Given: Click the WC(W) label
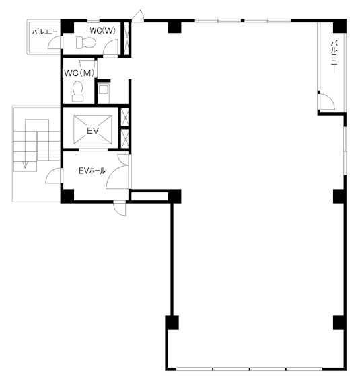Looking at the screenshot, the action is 103,30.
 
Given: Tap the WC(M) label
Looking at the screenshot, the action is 79,73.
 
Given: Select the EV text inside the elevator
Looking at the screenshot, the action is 93,131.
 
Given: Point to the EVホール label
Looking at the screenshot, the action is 92,171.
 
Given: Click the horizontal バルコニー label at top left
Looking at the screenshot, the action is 45,32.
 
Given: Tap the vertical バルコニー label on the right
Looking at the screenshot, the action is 334,56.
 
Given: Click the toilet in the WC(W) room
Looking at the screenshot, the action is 86,42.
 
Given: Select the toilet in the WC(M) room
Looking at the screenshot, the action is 77,91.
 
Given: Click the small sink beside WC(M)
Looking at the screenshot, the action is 104,90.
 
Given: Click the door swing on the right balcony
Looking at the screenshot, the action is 327,101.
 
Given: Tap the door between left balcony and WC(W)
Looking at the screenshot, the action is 55,42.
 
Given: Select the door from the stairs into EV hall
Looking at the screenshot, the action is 53,176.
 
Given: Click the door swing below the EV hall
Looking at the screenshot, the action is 120,208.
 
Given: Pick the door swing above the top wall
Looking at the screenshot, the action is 138,15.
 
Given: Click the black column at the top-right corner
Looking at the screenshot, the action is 340,26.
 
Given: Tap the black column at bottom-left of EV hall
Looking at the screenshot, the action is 67,196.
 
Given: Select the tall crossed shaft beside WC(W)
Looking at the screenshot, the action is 126,38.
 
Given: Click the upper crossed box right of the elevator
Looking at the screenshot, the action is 124,117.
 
